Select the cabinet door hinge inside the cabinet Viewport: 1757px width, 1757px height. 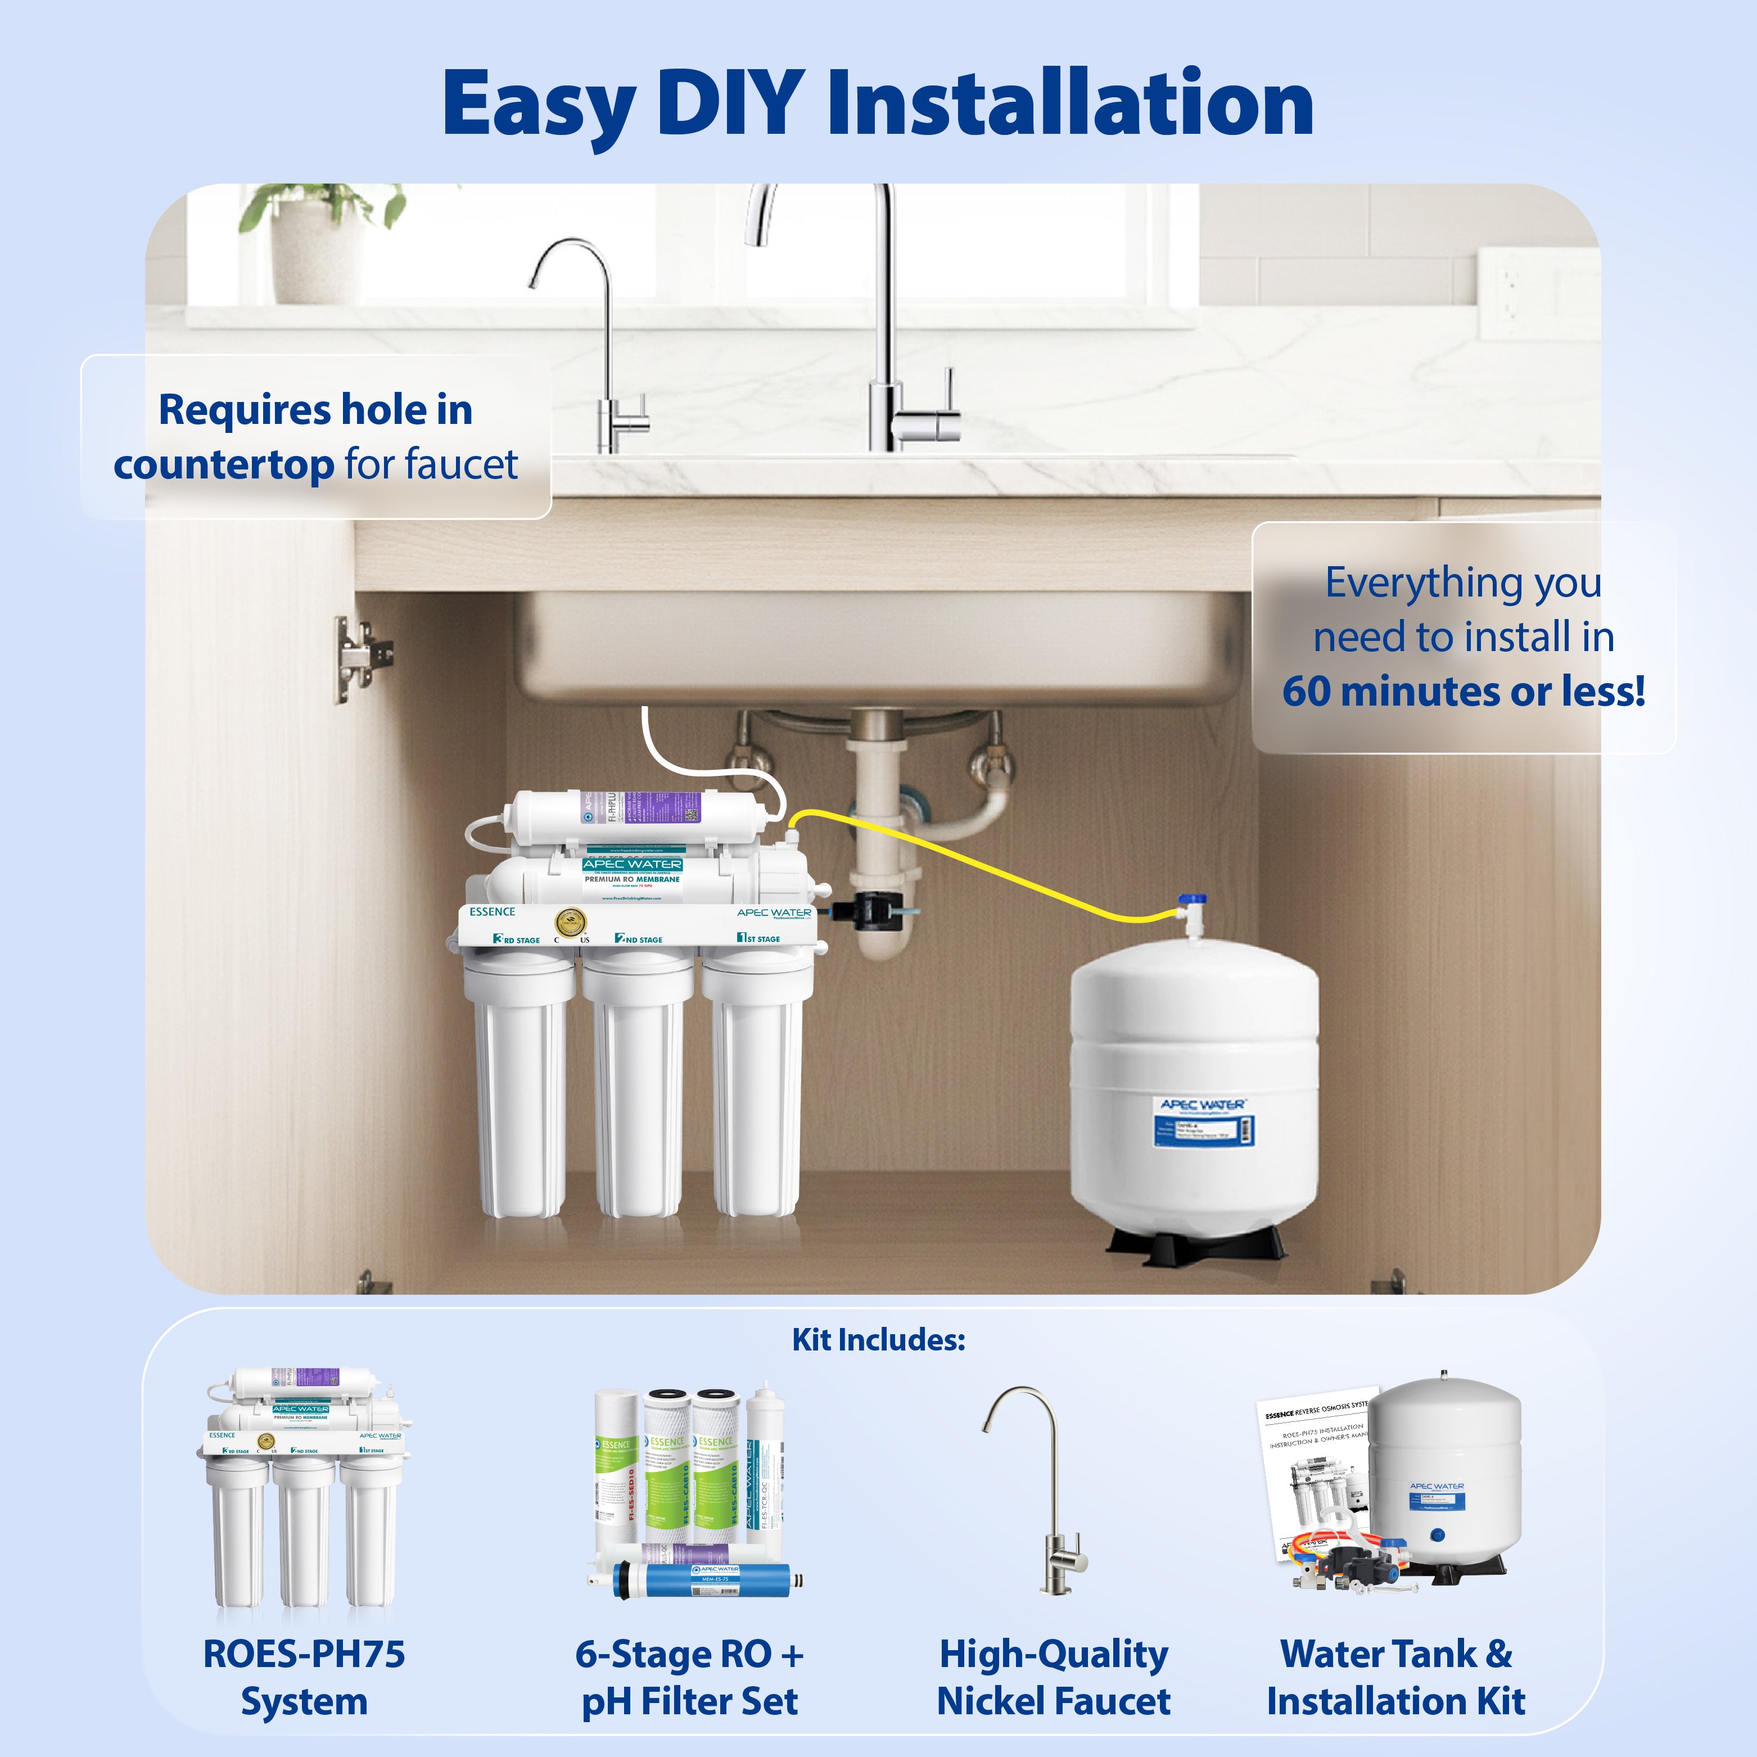click(362, 657)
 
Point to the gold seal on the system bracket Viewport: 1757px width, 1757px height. click(570, 923)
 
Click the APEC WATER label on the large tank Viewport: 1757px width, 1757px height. click(1202, 1104)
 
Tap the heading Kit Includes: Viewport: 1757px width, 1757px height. click(878, 1340)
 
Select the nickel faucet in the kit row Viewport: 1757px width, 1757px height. click(1046, 1492)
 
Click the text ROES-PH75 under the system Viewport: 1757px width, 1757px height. click(304, 1654)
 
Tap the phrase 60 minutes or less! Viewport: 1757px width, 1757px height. click(1464, 691)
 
